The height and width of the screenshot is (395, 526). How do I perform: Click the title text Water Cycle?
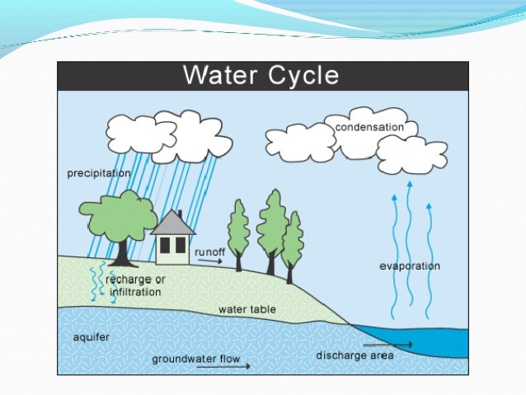click(x=260, y=76)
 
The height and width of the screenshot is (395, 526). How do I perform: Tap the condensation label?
click(x=369, y=127)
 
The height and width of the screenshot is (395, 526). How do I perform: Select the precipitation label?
click(x=98, y=174)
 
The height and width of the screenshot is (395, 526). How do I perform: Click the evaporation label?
click(x=410, y=266)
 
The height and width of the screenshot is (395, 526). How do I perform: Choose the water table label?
click(x=247, y=310)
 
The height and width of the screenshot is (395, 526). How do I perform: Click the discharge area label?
click(x=355, y=356)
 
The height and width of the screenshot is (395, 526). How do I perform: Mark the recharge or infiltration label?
click(x=135, y=284)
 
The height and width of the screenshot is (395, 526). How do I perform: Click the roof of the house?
click(x=173, y=223)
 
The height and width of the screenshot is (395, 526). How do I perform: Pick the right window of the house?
click(x=181, y=245)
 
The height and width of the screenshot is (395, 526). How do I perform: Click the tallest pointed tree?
click(x=272, y=223)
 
